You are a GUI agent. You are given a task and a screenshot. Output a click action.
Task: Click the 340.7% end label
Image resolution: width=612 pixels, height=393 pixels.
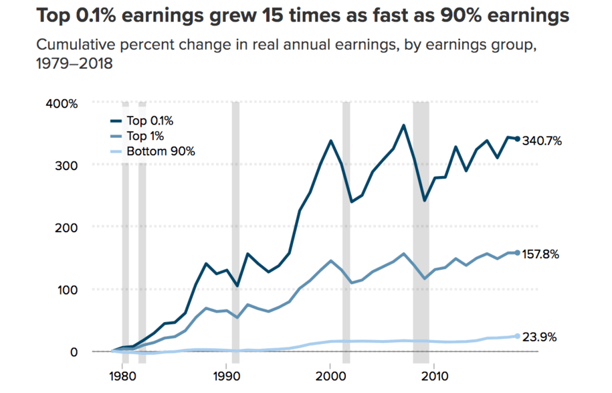coord(541,141)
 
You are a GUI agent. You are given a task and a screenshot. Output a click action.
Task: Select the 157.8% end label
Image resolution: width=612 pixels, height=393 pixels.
coord(541,254)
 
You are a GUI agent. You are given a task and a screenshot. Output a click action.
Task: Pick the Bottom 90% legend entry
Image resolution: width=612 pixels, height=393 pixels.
coord(152,151)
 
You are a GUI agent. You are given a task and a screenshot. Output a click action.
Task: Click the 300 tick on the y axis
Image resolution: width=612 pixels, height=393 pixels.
coord(69,165)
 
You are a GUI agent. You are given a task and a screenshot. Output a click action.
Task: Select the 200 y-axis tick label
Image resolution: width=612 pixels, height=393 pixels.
coord(69,228)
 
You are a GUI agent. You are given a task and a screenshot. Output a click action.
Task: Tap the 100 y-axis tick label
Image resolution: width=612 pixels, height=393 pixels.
coord(69,290)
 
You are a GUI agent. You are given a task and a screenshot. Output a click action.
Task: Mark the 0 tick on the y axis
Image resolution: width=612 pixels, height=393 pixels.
coord(74,352)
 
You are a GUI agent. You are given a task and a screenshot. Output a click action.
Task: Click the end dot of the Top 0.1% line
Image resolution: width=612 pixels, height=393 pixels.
coord(518,139)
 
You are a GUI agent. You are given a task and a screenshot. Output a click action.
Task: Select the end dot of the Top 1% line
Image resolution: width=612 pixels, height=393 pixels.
coord(518,253)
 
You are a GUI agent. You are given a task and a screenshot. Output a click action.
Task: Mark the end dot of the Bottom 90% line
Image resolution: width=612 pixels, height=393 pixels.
coord(518,336)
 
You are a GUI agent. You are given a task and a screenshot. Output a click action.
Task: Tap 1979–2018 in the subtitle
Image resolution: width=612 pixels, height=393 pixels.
coord(73,66)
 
